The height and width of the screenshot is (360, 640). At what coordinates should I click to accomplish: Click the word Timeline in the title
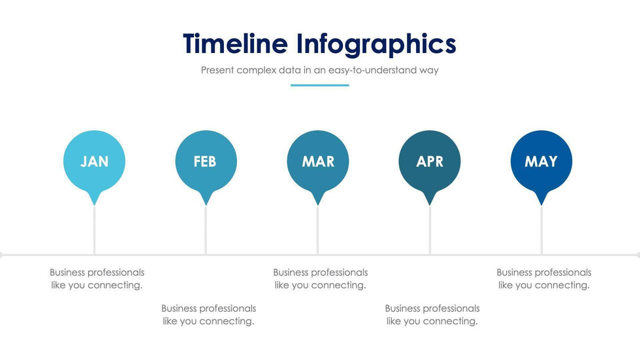click(235, 44)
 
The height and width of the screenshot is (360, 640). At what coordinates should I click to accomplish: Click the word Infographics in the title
click(376, 45)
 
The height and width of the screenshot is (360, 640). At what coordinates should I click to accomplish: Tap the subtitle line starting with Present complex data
click(319, 70)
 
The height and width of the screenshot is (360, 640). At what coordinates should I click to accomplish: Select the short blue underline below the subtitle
click(319, 86)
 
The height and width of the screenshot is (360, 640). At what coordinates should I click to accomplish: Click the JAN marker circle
click(94, 161)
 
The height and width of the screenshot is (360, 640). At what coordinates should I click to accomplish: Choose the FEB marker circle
click(206, 161)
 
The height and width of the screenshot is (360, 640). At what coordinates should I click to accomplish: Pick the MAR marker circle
click(318, 161)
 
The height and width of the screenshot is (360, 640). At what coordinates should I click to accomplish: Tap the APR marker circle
click(430, 161)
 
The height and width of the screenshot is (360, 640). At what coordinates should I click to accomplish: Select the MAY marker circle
click(541, 161)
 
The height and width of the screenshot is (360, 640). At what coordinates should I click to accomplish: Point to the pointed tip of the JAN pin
click(94, 205)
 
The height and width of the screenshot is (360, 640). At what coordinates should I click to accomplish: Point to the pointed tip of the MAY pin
click(541, 205)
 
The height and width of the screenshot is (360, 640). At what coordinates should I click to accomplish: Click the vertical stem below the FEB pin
click(206, 231)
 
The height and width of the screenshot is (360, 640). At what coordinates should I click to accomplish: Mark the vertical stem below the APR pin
click(430, 231)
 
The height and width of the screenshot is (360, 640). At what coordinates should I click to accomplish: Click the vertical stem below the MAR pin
click(318, 231)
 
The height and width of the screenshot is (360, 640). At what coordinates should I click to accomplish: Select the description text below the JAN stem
click(97, 279)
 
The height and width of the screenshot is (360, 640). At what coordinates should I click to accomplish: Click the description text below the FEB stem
click(208, 315)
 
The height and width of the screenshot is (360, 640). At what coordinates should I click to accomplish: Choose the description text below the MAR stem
click(321, 279)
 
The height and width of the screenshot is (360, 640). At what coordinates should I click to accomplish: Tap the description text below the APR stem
click(432, 315)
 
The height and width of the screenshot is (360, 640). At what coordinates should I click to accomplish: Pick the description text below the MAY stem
click(544, 279)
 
